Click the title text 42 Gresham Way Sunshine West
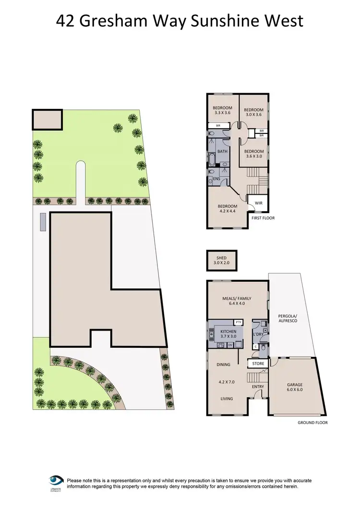[180, 21]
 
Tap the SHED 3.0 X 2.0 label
[221, 260]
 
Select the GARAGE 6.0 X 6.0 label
[295, 387]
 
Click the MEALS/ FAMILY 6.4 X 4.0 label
[237, 301]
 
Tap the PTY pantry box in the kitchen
[238, 322]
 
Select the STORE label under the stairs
[258, 364]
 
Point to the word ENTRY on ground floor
[258, 387]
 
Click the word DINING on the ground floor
[223, 365]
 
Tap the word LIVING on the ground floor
[226, 399]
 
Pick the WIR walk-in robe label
[258, 203]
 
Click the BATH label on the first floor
[222, 152]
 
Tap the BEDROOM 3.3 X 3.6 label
[222, 110]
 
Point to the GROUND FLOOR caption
[312, 423]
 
